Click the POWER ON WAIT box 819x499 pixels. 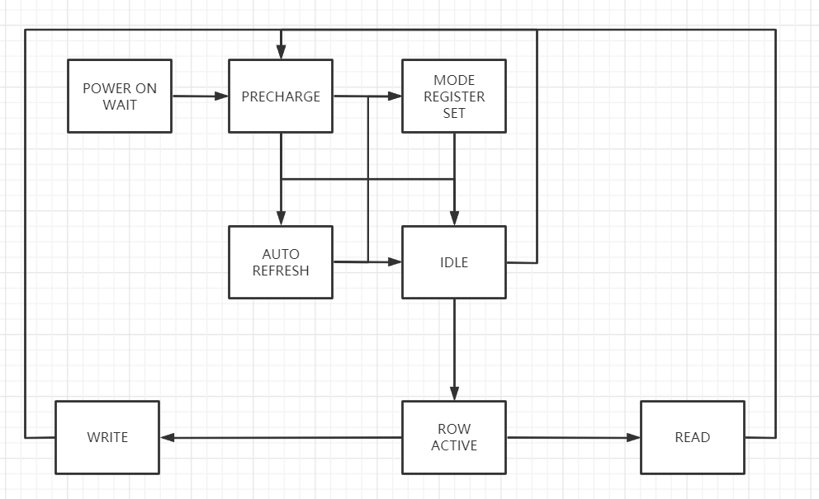point(120,96)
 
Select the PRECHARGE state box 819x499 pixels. point(281,96)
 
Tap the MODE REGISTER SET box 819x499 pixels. point(454,96)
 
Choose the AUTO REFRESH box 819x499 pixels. point(281,262)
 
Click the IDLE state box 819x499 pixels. point(454,262)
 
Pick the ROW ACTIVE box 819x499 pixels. point(454,437)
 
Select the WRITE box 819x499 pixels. point(107,437)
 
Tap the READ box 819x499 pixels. point(692,437)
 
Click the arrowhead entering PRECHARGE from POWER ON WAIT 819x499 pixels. point(221,97)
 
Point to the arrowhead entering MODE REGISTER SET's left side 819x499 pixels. point(395,97)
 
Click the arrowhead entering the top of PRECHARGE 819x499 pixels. point(281,54)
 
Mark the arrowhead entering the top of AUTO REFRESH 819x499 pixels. point(281,219)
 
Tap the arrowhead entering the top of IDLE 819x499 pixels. point(454,219)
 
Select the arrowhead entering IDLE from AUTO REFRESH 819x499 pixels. point(395,262)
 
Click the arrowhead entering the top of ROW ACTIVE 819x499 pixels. point(454,394)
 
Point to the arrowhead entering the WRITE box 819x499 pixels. point(167,437)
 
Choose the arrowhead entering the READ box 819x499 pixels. point(633,437)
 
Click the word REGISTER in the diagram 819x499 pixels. point(454,97)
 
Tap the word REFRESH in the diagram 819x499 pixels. point(281,271)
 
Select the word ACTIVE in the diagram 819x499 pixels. point(454,445)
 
